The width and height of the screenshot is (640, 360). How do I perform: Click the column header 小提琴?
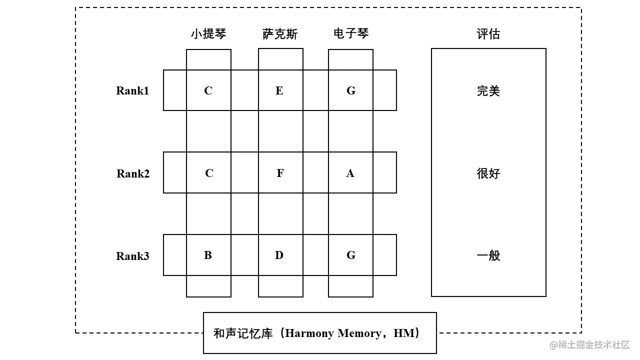coord(208,34)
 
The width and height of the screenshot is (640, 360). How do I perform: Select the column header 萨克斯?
coord(280,34)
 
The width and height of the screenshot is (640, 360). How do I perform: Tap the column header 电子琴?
coord(351,34)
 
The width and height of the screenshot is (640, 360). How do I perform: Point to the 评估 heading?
coord(488,34)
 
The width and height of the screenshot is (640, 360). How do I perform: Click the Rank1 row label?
coord(132,90)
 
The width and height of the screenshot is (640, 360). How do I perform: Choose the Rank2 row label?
coord(133,173)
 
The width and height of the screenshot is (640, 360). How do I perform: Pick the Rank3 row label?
coord(132,256)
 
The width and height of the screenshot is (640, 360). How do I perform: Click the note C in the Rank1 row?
coord(208,90)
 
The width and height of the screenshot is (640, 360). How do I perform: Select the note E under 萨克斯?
coord(279,90)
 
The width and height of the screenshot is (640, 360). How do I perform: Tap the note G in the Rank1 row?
coord(351,90)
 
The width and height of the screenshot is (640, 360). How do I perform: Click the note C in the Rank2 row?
coord(209,173)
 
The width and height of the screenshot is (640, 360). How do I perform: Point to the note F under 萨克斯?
coord(280,173)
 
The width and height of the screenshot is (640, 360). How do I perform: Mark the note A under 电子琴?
coord(350,173)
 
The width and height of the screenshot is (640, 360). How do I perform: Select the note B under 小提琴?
coord(208,255)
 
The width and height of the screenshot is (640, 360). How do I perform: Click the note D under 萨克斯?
coord(279,255)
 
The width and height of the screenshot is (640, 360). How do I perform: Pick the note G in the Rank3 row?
coord(351,255)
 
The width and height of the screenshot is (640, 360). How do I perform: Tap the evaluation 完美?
coord(488,91)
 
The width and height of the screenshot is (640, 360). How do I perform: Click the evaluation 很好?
coord(488,173)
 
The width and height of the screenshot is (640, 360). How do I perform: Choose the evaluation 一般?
coord(488,255)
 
